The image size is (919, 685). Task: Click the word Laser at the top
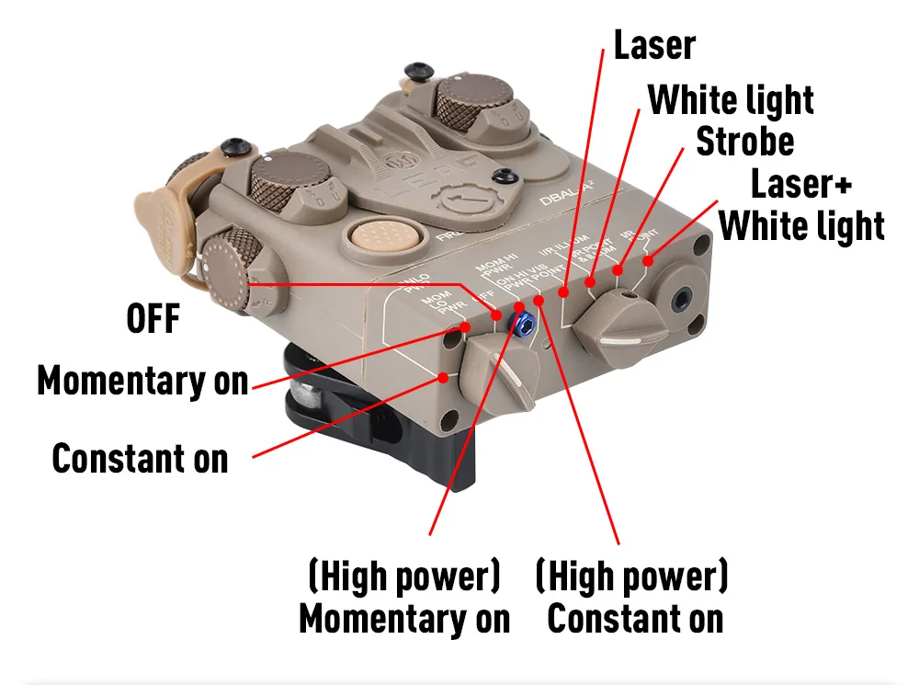point(654,45)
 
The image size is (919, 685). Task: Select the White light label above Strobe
point(731,100)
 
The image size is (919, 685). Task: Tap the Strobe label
point(744,143)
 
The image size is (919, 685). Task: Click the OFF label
point(153,320)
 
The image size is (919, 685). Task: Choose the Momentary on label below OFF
point(142,381)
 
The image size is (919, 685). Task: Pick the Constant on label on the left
point(140,458)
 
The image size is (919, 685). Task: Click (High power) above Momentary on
point(404,577)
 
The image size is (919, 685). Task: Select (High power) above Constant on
point(632,577)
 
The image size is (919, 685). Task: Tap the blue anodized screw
point(526,322)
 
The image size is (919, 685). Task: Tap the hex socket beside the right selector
point(682,301)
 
